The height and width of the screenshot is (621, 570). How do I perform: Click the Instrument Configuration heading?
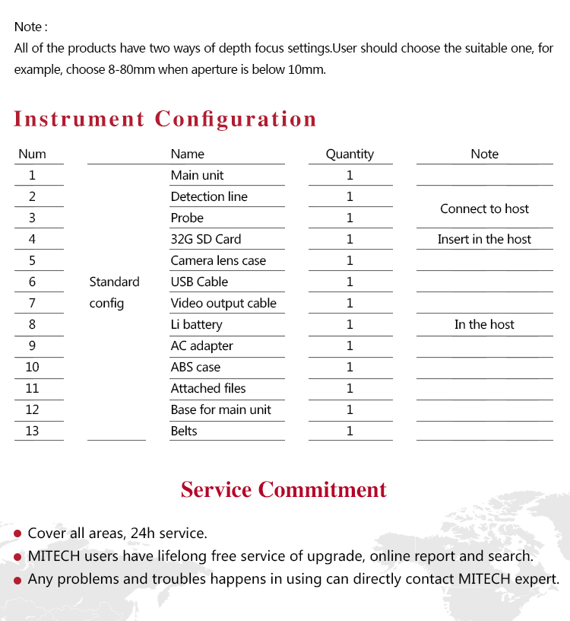pyautogui.click(x=165, y=119)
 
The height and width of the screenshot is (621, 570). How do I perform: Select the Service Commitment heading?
pyautogui.click(x=283, y=489)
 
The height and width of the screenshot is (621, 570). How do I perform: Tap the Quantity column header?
pyautogui.click(x=350, y=154)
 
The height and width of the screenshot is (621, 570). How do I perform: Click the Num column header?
pyautogui.click(x=32, y=154)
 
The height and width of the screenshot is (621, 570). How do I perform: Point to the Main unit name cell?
pyautogui.click(x=197, y=175)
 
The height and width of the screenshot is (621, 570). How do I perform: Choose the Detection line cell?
pyautogui.click(x=209, y=196)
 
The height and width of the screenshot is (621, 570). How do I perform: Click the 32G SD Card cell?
pyautogui.click(x=205, y=239)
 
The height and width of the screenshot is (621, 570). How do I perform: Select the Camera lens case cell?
pyautogui.click(x=218, y=260)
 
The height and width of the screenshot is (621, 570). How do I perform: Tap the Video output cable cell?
pyautogui.click(x=223, y=303)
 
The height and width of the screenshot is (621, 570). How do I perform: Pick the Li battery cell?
pyautogui.click(x=196, y=324)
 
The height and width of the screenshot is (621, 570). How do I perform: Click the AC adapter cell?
pyautogui.click(x=201, y=346)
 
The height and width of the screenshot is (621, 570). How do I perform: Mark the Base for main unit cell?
pyautogui.click(x=220, y=409)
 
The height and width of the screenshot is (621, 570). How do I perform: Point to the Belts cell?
pyautogui.click(x=184, y=431)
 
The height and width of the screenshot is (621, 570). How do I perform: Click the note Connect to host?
pyautogui.click(x=484, y=209)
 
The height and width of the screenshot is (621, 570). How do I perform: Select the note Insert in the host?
pyautogui.click(x=484, y=239)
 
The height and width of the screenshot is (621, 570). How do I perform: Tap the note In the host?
pyautogui.click(x=484, y=324)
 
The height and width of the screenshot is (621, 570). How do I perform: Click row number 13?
pyautogui.click(x=32, y=431)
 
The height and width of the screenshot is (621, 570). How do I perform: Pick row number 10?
pyautogui.click(x=32, y=367)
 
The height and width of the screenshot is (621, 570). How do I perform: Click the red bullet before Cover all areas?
pyautogui.click(x=17, y=534)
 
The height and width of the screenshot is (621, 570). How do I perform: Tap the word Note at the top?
pyautogui.click(x=28, y=27)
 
